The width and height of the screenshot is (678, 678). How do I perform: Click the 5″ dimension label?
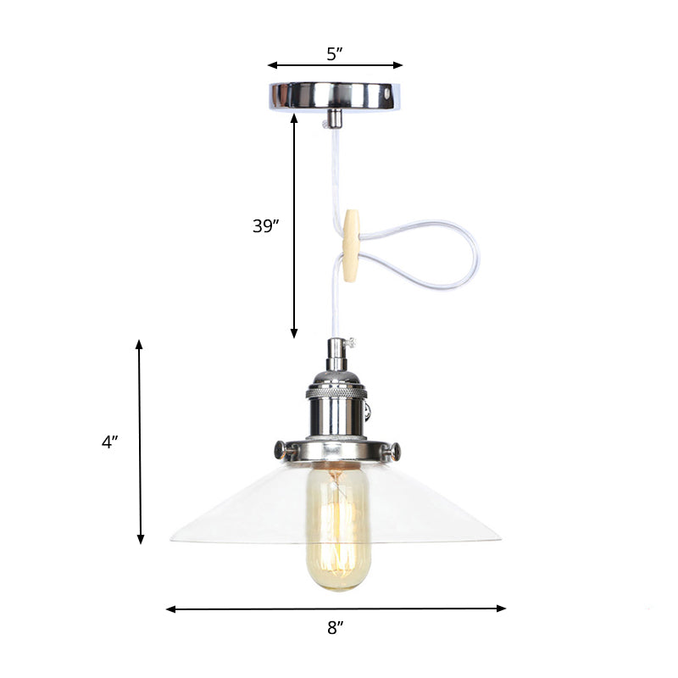click(x=335, y=54)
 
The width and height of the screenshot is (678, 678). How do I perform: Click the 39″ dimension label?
click(x=266, y=226)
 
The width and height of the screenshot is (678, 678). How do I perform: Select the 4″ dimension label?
click(x=109, y=442)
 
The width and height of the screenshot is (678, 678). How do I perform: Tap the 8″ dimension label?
click(x=336, y=628)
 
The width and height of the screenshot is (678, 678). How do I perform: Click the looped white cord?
click(x=424, y=254)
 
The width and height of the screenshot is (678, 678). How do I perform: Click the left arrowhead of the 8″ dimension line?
click(x=169, y=609)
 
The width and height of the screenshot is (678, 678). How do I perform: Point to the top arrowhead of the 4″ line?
click(x=139, y=344)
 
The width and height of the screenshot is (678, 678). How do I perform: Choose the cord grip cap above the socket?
click(x=336, y=349)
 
